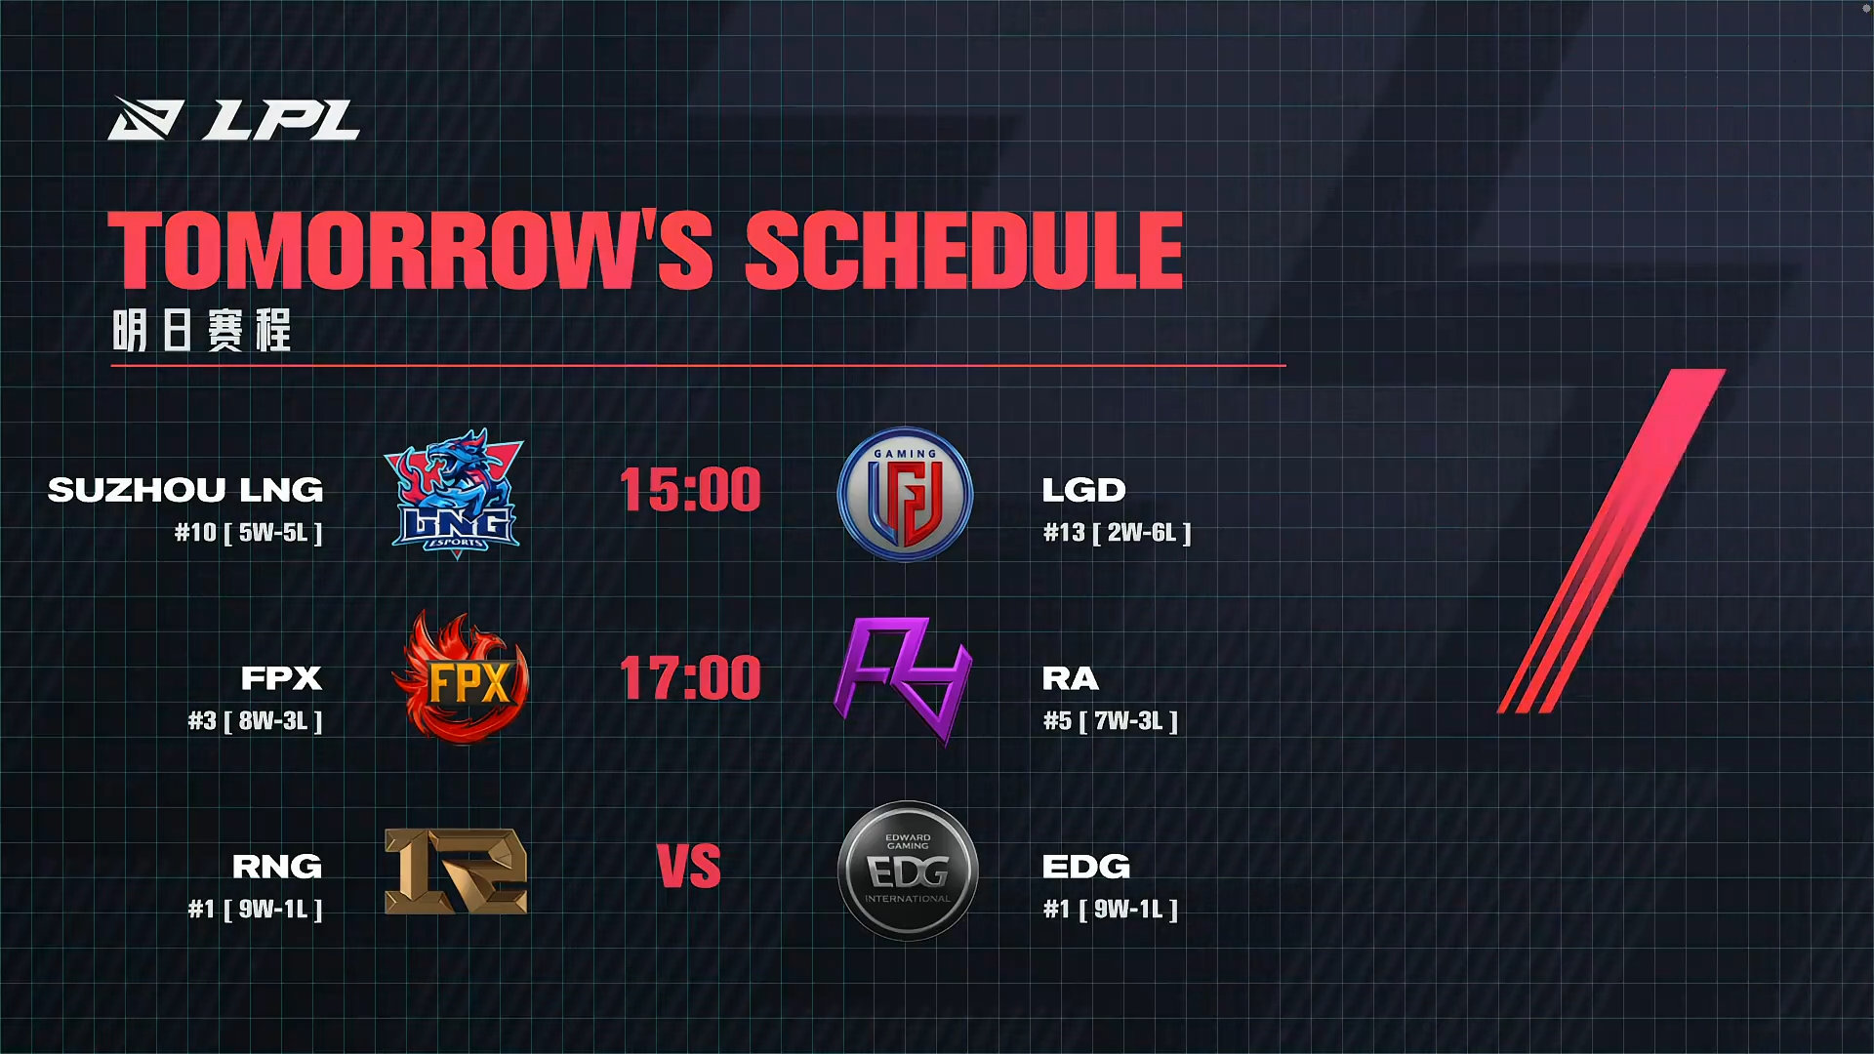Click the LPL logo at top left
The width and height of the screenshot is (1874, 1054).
coord(233,118)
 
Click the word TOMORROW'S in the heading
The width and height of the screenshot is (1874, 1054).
coord(410,250)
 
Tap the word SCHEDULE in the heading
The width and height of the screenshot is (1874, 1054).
coord(964,250)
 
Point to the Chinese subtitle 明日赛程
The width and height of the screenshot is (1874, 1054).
coord(202,330)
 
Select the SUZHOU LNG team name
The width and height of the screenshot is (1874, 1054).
coord(185,489)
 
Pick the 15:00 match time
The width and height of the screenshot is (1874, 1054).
coord(690,489)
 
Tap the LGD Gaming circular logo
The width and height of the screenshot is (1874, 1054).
coord(906,494)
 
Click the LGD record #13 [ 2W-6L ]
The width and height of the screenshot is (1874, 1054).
coord(1118,533)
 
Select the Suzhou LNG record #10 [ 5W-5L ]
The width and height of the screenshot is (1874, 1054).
coord(249,533)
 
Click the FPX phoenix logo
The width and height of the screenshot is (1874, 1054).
coord(461,677)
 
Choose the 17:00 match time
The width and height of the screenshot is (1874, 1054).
coord(690,677)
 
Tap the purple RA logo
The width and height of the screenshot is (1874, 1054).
coord(903,679)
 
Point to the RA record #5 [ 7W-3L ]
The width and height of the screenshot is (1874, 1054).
coord(1111,721)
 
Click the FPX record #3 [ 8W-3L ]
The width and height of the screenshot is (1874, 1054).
coord(256,721)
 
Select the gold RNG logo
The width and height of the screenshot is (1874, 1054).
coord(456,871)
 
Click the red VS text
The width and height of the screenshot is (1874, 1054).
coord(689,867)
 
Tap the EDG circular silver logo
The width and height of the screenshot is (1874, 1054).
coord(908,871)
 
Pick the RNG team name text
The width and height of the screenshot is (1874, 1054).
coord(277,866)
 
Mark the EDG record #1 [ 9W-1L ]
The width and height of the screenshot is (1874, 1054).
coord(1111,910)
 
